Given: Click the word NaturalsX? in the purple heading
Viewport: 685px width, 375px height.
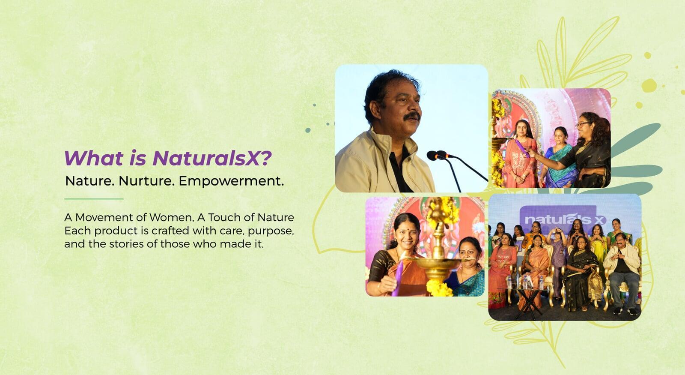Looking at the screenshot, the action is click(x=212, y=158).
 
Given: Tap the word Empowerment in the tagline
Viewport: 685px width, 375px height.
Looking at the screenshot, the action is click(x=229, y=181).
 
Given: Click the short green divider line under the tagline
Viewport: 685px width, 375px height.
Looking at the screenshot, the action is click(x=94, y=199).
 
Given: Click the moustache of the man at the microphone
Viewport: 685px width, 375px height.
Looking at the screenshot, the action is click(x=411, y=116).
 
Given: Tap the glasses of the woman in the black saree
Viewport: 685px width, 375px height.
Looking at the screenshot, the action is click(x=582, y=124).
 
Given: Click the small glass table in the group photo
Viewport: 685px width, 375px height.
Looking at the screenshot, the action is click(x=528, y=302).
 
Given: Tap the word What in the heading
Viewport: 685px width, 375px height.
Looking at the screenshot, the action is click(x=94, y=158).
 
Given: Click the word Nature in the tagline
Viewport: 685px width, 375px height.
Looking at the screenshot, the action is click(x=89, y=181).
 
